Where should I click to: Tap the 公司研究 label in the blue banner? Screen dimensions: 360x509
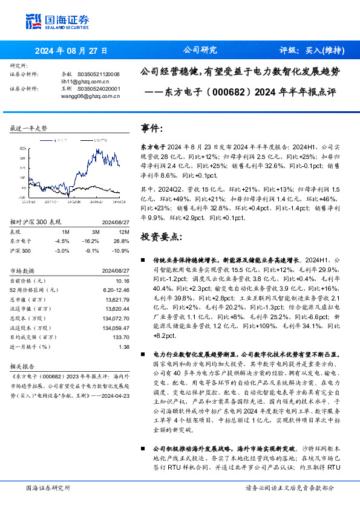point(199,50)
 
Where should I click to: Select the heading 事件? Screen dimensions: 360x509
point(152,129)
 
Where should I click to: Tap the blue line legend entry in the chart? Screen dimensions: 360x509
point(59,139)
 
